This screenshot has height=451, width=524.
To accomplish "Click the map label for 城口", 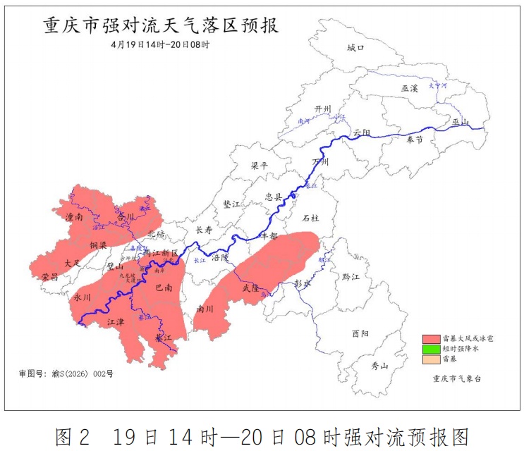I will (x=355, y=48).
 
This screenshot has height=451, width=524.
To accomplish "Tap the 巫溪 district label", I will (x=410, y=89).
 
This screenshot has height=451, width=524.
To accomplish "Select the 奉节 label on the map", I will (x=415, y=140).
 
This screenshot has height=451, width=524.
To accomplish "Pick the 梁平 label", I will (x=260, y=166).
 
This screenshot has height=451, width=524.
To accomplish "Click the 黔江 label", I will (x=351, y=278).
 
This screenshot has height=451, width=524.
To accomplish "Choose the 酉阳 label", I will (x=360, y=334).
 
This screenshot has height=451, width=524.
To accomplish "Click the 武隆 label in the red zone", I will (x=251, y=288).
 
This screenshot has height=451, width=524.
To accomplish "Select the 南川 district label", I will (x=205, y=309).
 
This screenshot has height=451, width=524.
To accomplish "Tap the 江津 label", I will (x=115, y=321).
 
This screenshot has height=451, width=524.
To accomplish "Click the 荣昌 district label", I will (x=49, y=277).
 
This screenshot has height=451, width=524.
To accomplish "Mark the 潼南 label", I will (x=74, y=218).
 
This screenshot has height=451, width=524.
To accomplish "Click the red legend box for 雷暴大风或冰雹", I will (x=431, y=339).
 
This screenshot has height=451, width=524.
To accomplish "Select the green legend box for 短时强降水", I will (x=431, y=349).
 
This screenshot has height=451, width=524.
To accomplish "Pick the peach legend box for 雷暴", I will (x=431, y=359).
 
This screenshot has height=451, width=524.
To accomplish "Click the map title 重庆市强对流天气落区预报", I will (x=162, y=25).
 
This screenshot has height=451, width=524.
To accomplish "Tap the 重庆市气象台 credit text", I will (x=458, y=378).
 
